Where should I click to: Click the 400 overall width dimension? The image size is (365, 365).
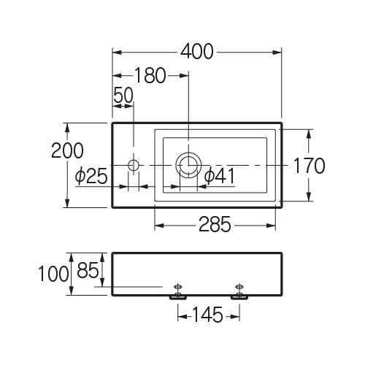197,52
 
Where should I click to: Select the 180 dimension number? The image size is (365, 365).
150,75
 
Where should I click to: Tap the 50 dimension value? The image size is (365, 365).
123,95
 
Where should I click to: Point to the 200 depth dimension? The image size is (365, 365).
67,150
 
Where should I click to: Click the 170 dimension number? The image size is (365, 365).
309,166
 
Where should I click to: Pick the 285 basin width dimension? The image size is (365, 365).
215,224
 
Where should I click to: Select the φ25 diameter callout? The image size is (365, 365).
91,176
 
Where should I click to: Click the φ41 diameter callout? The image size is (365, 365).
220,176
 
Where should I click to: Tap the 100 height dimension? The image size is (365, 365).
53,274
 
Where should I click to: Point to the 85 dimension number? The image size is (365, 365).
88,270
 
